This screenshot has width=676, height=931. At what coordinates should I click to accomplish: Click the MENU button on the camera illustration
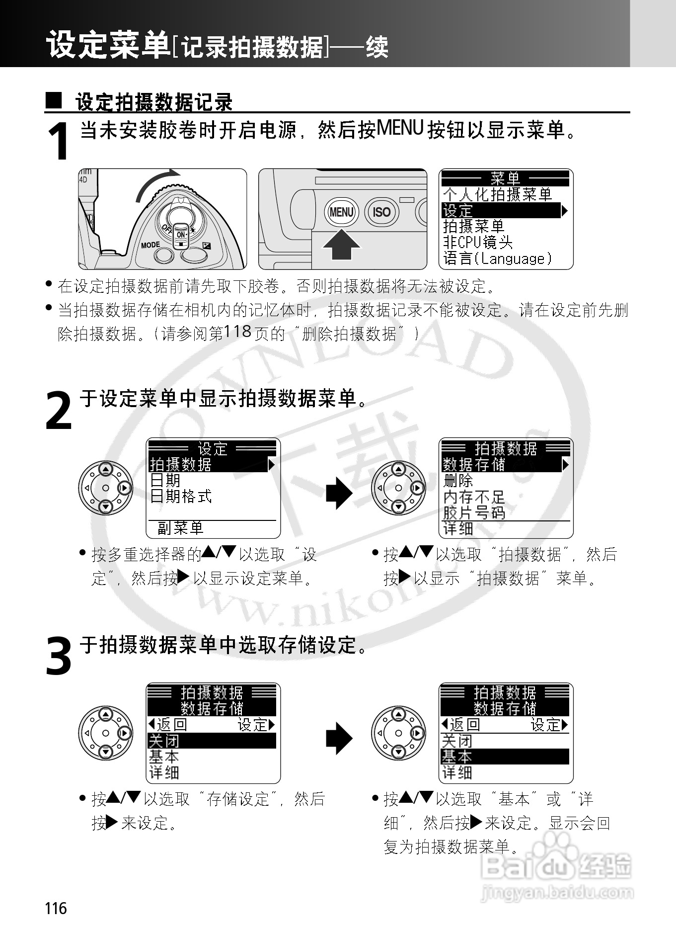[x=341, y=212]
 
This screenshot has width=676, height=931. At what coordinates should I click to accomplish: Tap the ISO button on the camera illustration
[x=381, y=212]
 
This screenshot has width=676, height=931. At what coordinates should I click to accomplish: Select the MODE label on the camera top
[x=150, y=245]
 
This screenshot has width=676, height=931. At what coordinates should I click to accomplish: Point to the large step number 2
[x=59, y=411]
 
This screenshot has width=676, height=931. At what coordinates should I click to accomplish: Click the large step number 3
[x=59, y=657]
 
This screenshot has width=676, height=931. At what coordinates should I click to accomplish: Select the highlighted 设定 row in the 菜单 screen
[x=502, y=211]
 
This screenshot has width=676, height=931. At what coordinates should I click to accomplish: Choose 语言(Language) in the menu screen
[x=497, y=258]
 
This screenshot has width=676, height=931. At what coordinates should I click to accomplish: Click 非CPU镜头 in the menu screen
[x=478, y=243]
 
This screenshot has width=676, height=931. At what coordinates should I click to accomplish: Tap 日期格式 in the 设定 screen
[x=181, y=496]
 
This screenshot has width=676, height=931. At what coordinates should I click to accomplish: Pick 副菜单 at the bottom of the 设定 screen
[x=180, y=528]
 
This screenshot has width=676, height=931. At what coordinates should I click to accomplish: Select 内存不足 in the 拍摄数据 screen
[x=474, y=497]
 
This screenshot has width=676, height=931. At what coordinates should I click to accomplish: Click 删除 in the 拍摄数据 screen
[x=458, y=481]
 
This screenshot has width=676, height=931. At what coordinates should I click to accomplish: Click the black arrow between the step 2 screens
[x=339, y=493]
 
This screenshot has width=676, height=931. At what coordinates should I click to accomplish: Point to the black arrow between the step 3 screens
[x=339, y=738]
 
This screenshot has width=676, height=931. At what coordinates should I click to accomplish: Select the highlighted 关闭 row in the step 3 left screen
[x=211, y=741]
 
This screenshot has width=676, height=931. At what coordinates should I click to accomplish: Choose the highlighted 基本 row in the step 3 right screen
[x=504, y=757]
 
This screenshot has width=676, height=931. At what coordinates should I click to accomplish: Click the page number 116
[x=56, y=908]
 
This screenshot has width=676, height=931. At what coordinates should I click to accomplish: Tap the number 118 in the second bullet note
[x=238, y=332]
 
